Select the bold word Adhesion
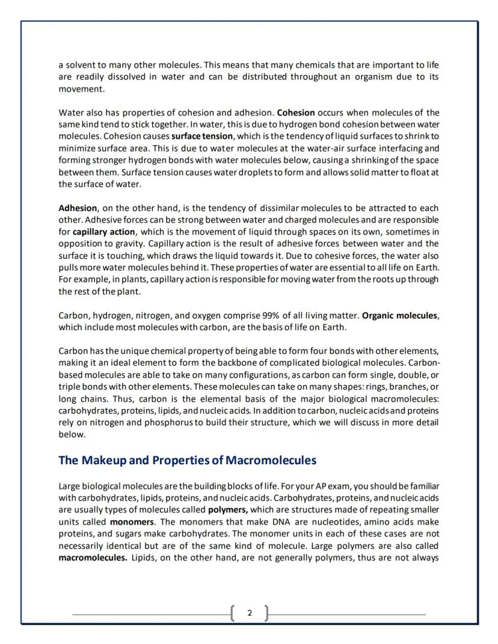tap(77, 208)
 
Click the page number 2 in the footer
tap(250, 614)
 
